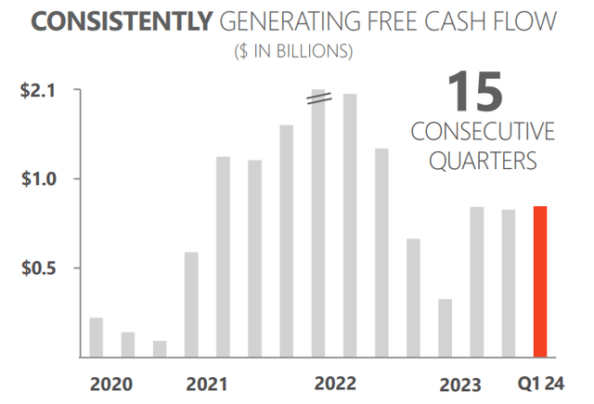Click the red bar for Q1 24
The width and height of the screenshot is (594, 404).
pos(539,281)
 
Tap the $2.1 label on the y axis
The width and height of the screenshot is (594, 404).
pos(39,90)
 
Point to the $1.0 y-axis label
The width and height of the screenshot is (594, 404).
pos(39,178)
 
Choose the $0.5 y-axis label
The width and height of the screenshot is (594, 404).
pos(39,268)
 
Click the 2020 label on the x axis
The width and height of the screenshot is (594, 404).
pos(111,384)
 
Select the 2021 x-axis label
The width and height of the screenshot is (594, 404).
pos(207,384)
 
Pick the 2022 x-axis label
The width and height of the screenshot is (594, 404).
pos(335,384)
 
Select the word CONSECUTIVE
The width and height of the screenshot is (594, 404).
pos(482,131)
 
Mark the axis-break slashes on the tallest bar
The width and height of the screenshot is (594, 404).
pos(319,99)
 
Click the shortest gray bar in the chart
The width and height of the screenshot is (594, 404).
pos(160,348)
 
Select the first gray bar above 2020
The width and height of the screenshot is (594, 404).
pos(97,337)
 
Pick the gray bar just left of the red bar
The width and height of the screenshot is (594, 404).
pos(509,283)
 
